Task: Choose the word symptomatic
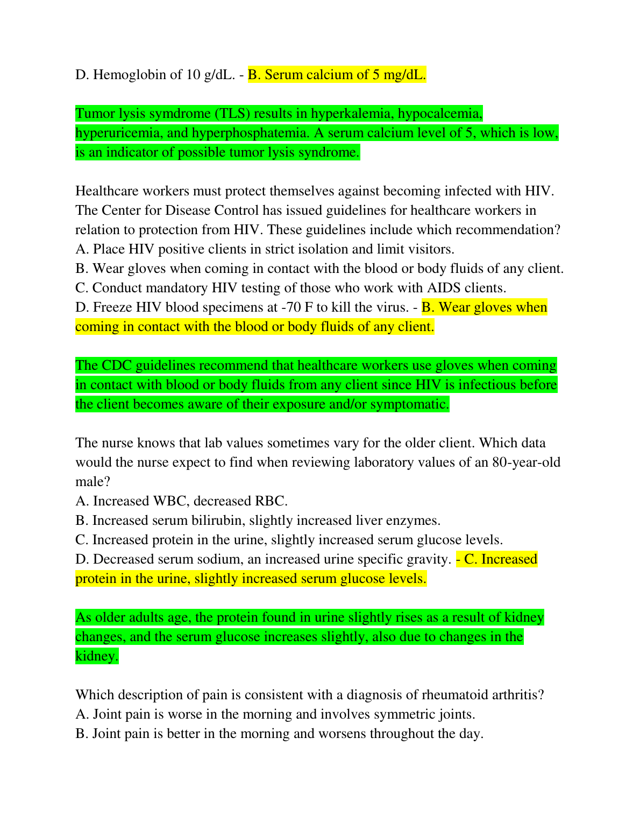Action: pos(409,404)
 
